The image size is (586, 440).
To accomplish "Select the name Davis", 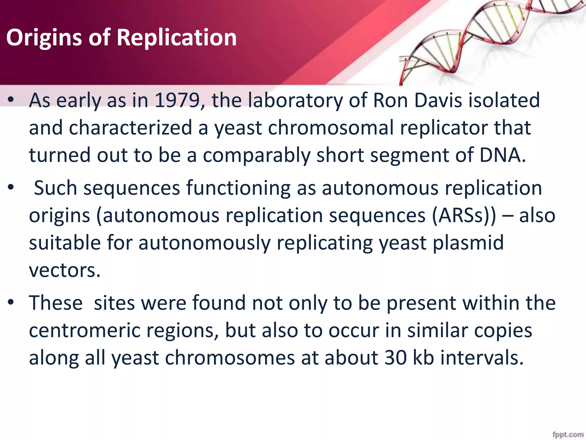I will pyautogui.click(x=438, y=101).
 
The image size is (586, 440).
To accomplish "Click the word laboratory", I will pyautogui.click(x=295, y=101).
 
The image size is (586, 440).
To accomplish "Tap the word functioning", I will pyautogui.click(x=238, y=189).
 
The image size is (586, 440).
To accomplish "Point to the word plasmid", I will pyautogui.click(x=468, y=243).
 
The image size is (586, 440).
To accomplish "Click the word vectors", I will pyautogui.click(x=65, y=270).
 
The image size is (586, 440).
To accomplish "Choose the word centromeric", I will pyautogui.click(x=85, y=331).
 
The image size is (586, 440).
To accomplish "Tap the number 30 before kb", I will pyautogui.click(x=396, y=358).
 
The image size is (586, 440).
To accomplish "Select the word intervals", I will pyautogui.click(x=482, y=358).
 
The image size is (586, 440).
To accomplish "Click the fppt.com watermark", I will pyautogui.click(x=568, y=434).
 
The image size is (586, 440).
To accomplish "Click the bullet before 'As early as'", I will pyautogui.click(x=11, y=100).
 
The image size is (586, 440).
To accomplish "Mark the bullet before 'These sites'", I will pyautogui.click(x=11, y=302).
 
